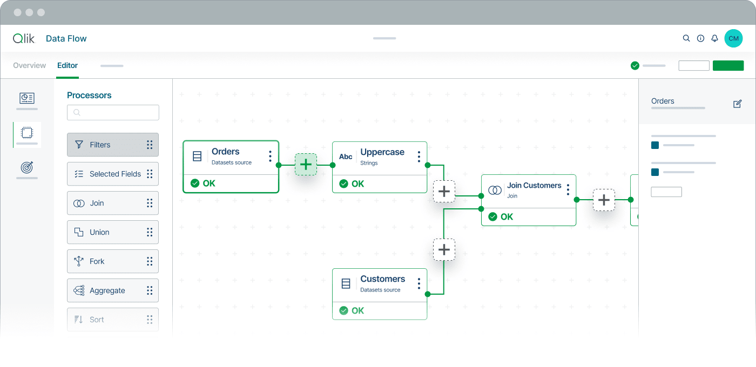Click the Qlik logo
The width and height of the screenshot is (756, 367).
click(x=24, y=38)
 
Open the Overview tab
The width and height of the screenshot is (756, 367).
click(x=29, y=65)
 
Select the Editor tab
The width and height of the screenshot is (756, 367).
click(x=67, y=65)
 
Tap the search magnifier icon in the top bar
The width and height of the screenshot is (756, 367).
click(x=686, y=38)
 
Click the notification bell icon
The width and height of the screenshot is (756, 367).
click(x=714, y=38)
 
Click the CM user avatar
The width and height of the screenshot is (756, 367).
click(x=733, y=38)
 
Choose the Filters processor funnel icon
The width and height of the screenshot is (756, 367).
click(x=79, y=145)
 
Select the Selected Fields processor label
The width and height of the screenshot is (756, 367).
click(x=115, y=174)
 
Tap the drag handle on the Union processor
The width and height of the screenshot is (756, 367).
click(x=150, y=232)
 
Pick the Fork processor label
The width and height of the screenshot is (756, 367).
click(x=97, y=261)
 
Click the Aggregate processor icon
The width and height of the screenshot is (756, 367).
click(x=79, y=290)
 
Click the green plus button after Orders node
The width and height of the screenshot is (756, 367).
click(x=306, y=165)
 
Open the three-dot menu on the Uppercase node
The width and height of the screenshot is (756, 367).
click(x=419, y=157)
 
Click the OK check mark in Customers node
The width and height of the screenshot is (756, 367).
click(x=343, y=311)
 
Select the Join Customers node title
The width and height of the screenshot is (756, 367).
click(x=534, y=186)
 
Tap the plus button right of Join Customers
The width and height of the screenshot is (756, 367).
click(x=604, y=200)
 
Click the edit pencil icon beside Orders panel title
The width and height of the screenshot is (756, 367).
click(x=738, y=104)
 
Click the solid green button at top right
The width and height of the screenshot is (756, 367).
click(x=728, y=66)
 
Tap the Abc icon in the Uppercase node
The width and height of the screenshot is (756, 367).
click(x=346, y=157)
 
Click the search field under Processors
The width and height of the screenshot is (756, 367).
click(x=113, y=113)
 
